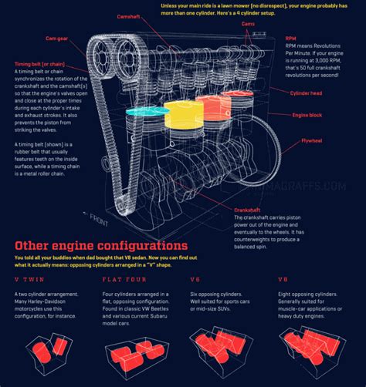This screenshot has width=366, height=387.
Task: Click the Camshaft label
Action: (x=127, y=16)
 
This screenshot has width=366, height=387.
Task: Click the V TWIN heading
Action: (x=28, y=279)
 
